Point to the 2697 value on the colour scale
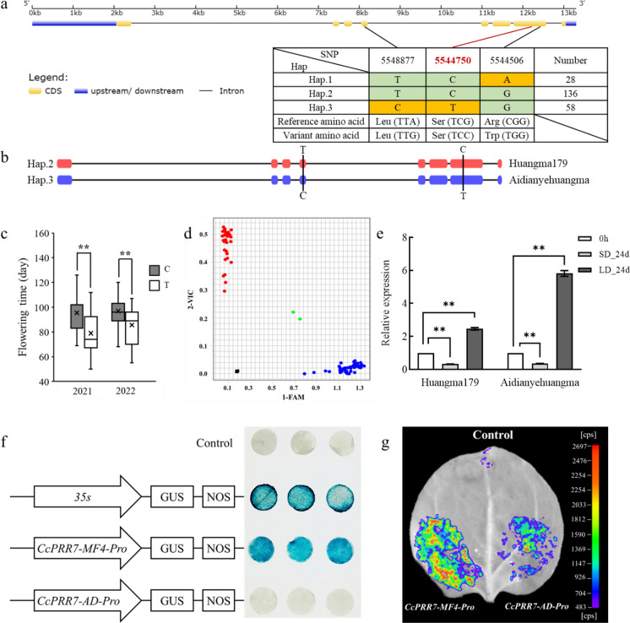click(602, 444)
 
